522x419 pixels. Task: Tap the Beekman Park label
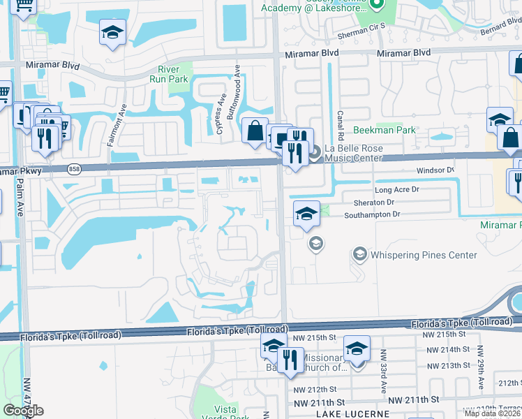[384, 130]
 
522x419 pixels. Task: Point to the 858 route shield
[75, 170]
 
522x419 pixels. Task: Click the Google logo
[23, 410]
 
